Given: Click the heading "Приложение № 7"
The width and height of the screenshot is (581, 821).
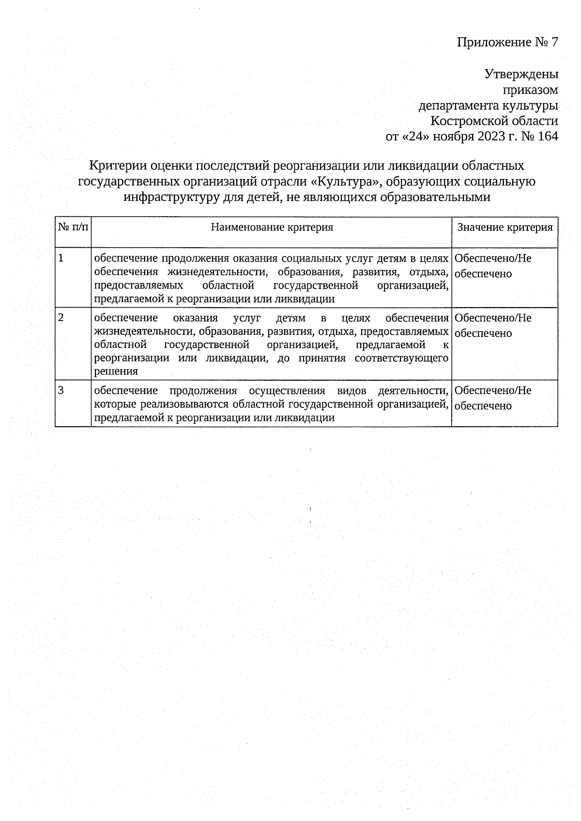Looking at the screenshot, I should coord(507,43).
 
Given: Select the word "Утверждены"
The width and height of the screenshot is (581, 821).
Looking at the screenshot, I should coord(521,74).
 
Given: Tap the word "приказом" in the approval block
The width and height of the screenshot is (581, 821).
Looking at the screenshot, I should coord(530,90).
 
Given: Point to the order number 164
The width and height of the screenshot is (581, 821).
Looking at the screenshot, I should coord(548,136).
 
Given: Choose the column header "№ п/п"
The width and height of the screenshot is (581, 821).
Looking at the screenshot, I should coord(73,227).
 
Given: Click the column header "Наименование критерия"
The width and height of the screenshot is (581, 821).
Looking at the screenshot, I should coord(272,227).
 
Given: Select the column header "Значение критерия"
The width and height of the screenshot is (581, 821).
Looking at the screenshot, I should coord(505,227).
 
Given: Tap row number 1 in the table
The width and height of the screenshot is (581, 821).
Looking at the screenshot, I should coord(61,258).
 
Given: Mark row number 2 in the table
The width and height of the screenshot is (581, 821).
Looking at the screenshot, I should coord(61,318).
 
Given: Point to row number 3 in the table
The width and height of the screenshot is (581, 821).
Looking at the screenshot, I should coord(61,390).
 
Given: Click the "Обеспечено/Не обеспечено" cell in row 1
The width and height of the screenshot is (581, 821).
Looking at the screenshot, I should coord(493,266).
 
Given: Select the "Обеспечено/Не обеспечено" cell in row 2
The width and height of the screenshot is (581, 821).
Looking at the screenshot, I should coord(493,325).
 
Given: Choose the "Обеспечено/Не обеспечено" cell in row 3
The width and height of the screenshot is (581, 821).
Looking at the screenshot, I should coord(493,398).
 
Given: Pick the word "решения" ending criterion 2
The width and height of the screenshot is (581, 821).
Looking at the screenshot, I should coord(116,372).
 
